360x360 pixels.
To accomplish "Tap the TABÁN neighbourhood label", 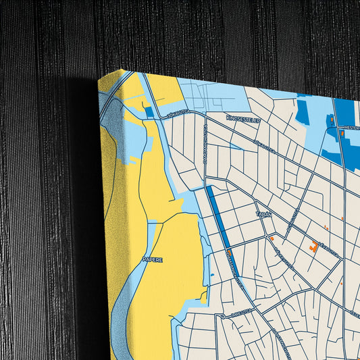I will [x=263, y=214].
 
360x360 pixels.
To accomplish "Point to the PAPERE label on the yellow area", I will [x=152, y=259].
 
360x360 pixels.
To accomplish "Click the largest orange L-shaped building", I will [x=314, y=247].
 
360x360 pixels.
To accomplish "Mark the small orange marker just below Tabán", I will [x=272, y=238].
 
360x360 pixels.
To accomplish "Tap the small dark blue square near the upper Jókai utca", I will [x=149, y=112].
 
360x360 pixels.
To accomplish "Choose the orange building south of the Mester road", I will [x=342, y=134].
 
